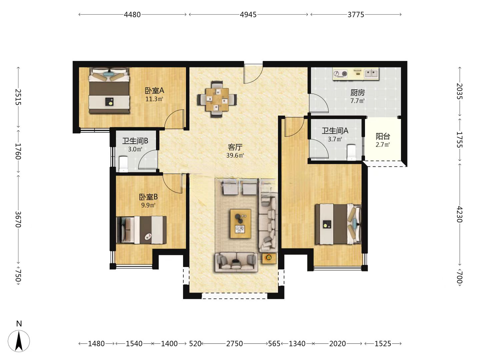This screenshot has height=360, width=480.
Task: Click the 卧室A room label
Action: [x=154, y=90]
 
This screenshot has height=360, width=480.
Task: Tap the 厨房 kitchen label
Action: [x=358, y=93]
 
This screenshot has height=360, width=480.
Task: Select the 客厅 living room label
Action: [x=235, y=147]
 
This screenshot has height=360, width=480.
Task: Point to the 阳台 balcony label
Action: [x=383, y=136]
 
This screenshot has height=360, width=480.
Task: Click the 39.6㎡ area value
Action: [x=235, y=155]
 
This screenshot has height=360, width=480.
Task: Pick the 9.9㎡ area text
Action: [x=148, y=205]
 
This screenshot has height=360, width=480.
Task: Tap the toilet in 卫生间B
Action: [x=123, y=164]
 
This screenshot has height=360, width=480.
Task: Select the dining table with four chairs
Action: [x=217, y=99]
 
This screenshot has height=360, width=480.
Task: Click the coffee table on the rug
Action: [x=241, y=224]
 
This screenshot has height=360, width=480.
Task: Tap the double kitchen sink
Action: [x=372, y=73]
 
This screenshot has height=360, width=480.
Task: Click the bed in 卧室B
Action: [x=141, y=230]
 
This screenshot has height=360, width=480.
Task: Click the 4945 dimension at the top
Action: [x=248, y=15]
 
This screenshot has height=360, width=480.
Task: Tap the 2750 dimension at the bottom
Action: [x=234, y=344]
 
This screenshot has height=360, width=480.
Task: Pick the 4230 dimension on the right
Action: [x=459, y=214]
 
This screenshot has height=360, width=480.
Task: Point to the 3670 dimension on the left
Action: [x=18, y=219]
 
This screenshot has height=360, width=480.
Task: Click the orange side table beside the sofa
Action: [x=269, y=259]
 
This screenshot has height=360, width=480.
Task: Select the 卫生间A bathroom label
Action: [x=335, y=131]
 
